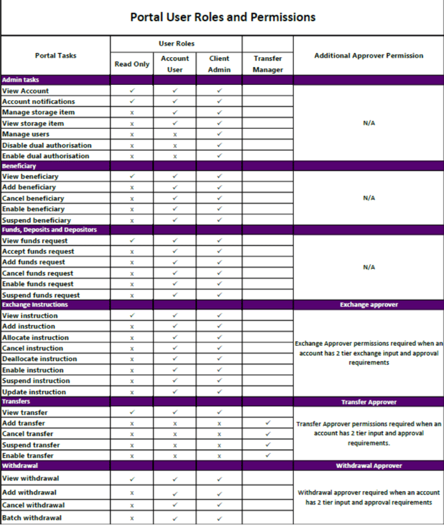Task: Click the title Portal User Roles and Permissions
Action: [223, 17]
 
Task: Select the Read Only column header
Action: [131, 64]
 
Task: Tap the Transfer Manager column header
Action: [268, 64]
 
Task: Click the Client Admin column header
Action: [219, 64]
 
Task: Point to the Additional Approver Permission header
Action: [368, 56]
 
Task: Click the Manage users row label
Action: [26, 134]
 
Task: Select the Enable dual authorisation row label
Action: [46, 156]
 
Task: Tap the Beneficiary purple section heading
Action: [19, 166]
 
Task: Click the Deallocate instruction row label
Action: [40, 359]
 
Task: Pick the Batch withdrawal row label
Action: [32, 518]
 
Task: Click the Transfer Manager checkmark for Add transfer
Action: [268, 423]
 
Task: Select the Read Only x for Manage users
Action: [131, 134]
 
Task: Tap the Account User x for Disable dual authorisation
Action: [175, 145]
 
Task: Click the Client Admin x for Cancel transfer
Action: [219, 434]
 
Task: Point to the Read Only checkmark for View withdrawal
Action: [131, 479]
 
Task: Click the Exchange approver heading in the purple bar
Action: [368, 305]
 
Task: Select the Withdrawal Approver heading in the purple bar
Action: [368, 466]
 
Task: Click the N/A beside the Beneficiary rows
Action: [368, 198]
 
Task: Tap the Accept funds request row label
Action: [38, 252]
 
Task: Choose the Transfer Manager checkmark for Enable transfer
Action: [268, 455]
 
